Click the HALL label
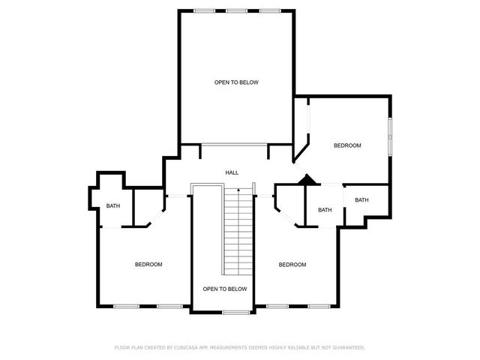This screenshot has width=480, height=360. point(232,173)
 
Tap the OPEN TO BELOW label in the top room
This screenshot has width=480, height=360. point(236,82)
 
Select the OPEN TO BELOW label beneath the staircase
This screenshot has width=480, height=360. point(225,289)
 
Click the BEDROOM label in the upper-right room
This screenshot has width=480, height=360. point(348,145)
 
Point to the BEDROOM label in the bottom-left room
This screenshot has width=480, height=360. point(148,264)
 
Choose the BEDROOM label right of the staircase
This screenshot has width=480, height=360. point(292,264)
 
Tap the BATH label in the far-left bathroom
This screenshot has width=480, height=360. point(112,206)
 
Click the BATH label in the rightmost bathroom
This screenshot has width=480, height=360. point(361,200)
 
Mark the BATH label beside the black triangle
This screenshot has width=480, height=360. point(325,210)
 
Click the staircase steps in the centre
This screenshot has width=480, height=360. point(238,232)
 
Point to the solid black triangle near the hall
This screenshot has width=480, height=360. point(306,180)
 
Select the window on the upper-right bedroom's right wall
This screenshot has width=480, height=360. point(389,136)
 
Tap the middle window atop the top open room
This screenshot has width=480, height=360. point(236,10)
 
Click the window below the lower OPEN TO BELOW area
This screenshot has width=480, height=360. point(236,312)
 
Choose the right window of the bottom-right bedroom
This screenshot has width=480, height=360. point(319,306)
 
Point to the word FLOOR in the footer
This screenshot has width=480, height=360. point(121,348)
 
